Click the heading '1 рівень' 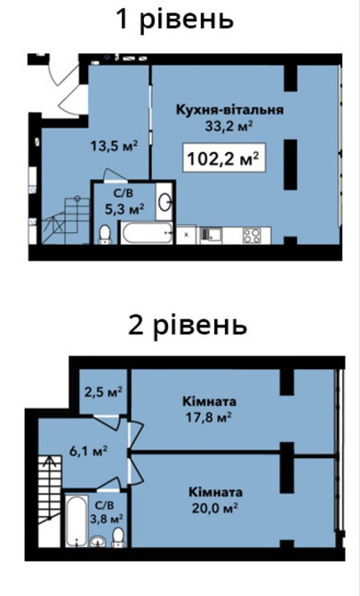175,19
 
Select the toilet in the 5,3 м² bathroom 105,232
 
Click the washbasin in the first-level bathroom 164,202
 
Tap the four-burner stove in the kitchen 252,236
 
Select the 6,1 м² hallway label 90,451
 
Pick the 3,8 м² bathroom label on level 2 111,511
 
